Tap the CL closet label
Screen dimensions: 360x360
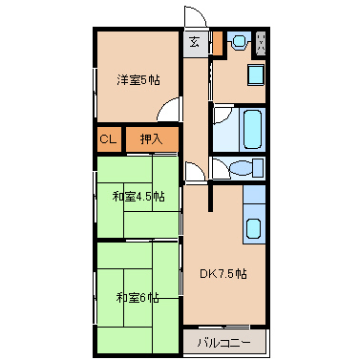(108, 139)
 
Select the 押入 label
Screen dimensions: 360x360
(151, 139)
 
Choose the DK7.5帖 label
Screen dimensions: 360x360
(223, 274)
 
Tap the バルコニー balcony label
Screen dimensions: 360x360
(224, 341)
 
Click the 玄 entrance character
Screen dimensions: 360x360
(195, 42)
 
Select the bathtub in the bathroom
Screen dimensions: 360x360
(254, 128)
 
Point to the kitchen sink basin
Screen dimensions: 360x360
(255, 230)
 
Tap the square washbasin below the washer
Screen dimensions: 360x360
(255, 75)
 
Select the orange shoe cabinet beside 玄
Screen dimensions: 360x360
(216, 43)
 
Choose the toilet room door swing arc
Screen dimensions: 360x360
(220, 168)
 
